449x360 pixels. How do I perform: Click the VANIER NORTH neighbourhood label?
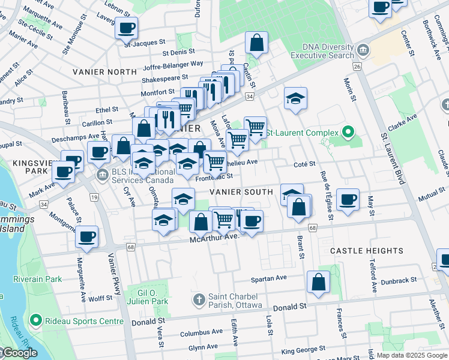(105, 72)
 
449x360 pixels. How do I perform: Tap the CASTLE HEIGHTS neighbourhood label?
(366, 250)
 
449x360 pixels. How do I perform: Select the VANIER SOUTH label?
(241, 191)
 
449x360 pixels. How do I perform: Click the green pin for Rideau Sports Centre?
(36, 321)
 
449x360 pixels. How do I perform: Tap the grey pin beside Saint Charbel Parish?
(199, 298)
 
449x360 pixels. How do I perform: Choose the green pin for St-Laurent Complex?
(348, 132)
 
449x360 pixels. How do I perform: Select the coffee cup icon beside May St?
(348, 199)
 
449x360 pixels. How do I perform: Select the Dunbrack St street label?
(399, 280)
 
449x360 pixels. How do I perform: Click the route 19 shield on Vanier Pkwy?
(94, 196)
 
